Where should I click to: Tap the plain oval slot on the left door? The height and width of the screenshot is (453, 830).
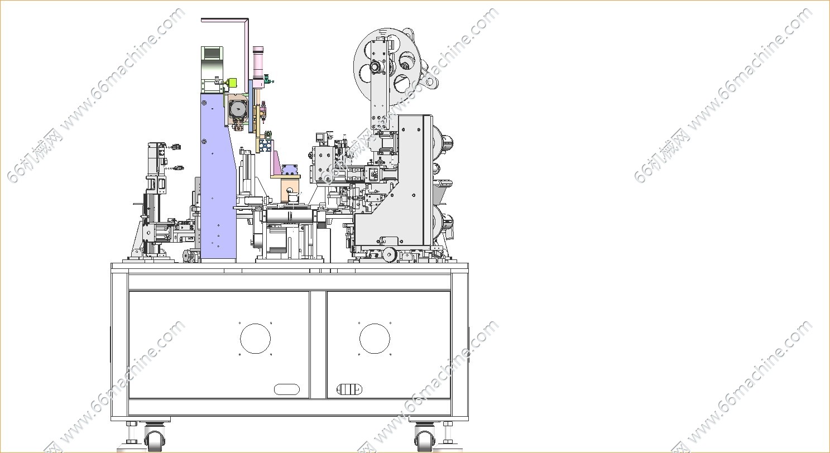286,389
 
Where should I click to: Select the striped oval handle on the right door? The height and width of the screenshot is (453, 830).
349,389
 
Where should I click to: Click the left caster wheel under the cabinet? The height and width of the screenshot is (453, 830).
155,441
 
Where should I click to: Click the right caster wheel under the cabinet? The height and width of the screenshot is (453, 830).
425,441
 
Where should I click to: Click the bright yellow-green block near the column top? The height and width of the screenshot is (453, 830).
232,83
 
